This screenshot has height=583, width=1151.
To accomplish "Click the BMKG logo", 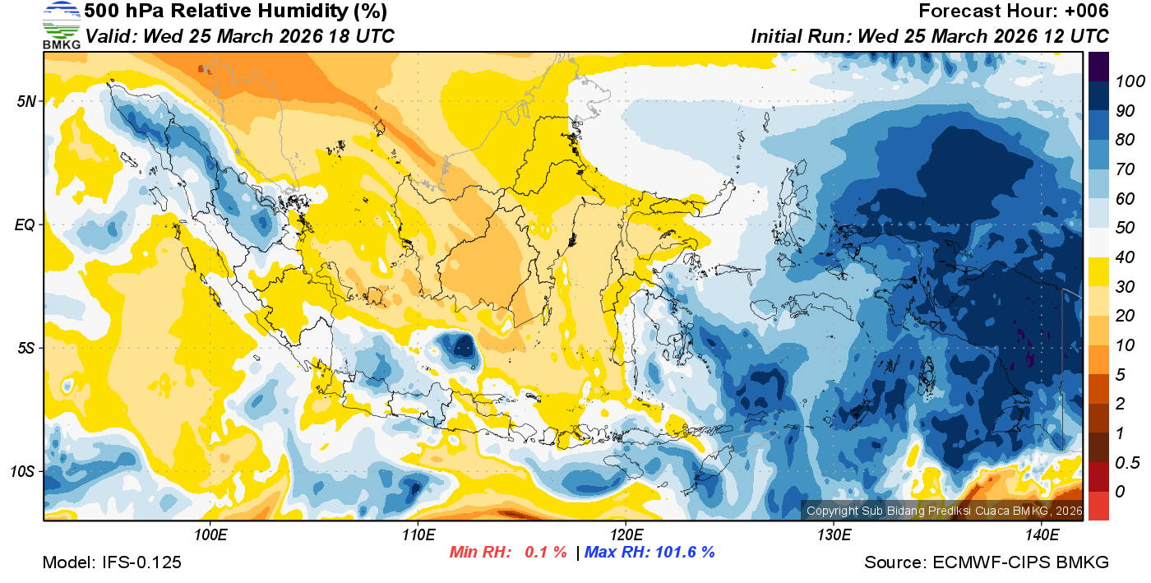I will [62, 25].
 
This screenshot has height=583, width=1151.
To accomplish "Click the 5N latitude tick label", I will [26, 101].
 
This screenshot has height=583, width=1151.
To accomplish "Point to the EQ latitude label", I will [25, 224].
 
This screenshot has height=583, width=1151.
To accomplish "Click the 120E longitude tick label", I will [626, 535].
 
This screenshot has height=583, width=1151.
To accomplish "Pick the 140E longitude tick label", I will [1042, 535].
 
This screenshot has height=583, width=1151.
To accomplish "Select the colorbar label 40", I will [1126, 257].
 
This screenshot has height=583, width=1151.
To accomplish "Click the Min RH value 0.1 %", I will [546, 552].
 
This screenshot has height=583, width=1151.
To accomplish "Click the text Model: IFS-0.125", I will [112, 562].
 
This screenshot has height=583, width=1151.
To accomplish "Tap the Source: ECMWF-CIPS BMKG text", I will [987, 562].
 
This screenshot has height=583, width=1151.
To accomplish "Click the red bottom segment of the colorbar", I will [1098, 506].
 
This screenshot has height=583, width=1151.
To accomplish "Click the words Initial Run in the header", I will [801, 36].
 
